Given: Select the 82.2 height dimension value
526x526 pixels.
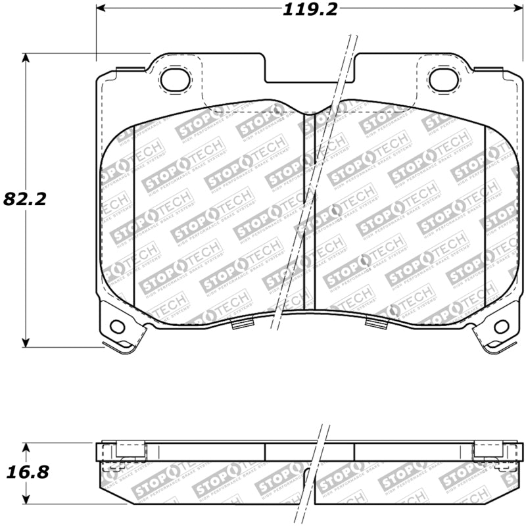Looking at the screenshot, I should click(25, 199).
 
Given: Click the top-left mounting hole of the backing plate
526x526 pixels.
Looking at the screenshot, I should click(175, 80).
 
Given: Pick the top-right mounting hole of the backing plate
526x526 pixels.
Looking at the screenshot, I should click(442, 80).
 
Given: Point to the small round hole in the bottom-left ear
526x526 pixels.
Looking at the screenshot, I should click(117, 326).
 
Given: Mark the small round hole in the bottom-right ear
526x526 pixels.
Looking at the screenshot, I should click(501, 326).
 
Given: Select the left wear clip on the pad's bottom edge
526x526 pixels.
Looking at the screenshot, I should click(243, 322).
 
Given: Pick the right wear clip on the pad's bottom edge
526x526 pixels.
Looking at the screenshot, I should click(376, 322).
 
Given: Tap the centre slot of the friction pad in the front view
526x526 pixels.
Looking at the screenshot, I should click(310, 210).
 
